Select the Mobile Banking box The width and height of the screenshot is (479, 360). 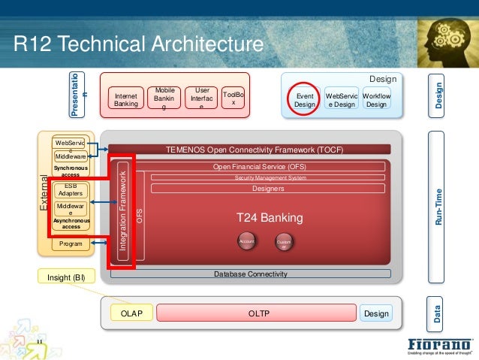164,98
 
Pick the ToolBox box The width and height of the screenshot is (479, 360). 233,98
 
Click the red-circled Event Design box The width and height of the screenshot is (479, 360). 305,101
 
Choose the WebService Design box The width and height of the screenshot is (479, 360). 341,101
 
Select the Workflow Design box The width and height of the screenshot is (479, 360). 376,101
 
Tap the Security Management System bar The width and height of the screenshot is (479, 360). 270,177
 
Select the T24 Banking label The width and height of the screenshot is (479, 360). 270,218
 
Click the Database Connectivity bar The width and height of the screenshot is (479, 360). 250,274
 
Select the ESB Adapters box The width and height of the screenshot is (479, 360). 71,189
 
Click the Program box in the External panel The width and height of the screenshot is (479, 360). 71,244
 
